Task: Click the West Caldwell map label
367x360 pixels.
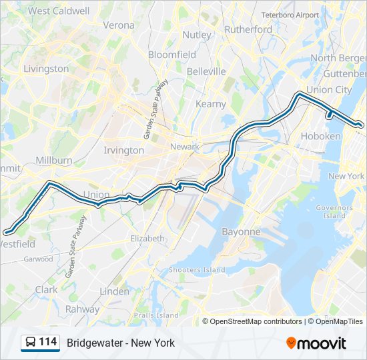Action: click(x=59, y=11)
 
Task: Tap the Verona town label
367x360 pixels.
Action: click(x=119, y=25)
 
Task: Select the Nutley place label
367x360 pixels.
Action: click(x=197, y=34)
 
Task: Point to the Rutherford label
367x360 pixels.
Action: click(x=248, y=29)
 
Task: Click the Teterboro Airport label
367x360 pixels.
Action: click(x=290, y=15)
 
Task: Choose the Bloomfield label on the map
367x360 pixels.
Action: click(x=172, y=54)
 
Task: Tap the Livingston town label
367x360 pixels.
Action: click(x=46, y=68)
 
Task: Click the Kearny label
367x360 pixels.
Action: click(x=211, y=104)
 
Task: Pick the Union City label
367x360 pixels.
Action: click(x=329, y=90)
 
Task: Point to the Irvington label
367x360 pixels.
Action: click(x=123, y=150)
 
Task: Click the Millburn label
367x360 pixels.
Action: click(x=55, y=161)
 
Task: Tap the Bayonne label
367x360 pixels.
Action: click(x=240, y=231)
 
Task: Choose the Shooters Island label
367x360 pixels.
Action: click(x=197, y=269)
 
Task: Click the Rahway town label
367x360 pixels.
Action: click(x=83, y=309)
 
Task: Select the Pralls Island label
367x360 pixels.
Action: click(x=156, y=315)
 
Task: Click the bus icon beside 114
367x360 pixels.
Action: click(x=31, y=343)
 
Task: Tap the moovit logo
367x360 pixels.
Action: click(x=316, y=343)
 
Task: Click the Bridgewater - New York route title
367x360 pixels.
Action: click(x=121, y=343)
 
